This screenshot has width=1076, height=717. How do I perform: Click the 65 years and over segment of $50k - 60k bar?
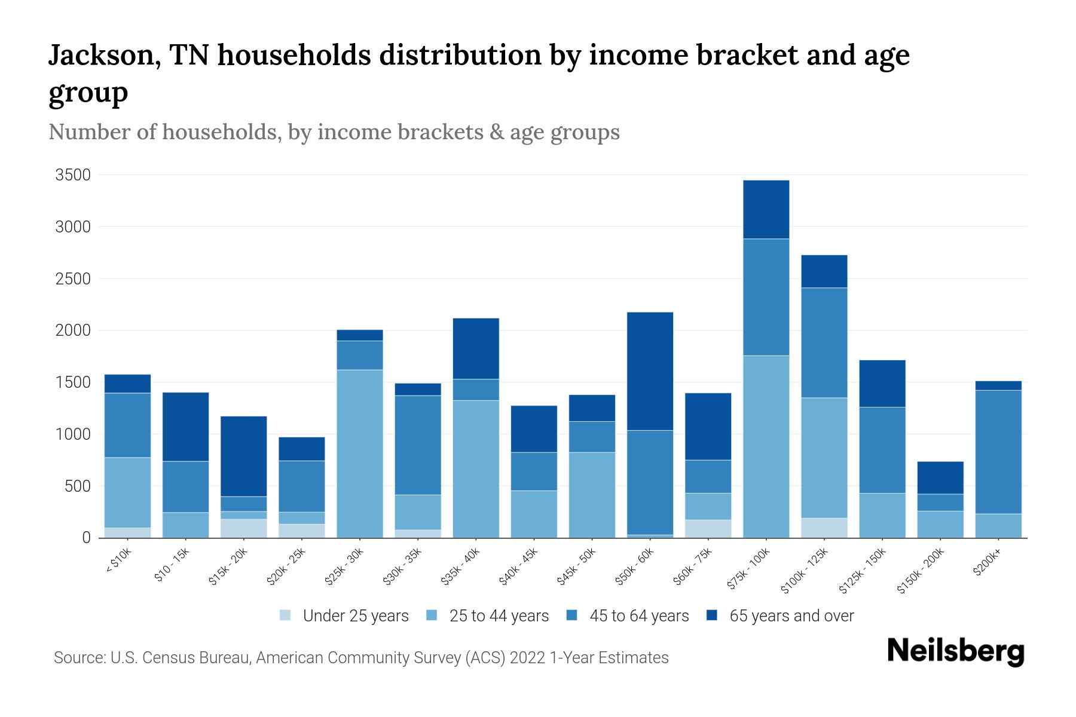(650, 371)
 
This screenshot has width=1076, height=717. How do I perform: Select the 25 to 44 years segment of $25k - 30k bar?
(360, 454)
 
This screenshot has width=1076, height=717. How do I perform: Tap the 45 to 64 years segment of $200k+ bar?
(998, 452)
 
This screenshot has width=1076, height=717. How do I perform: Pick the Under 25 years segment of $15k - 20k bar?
(244, 528)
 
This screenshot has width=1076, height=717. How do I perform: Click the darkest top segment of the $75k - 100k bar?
(766, 210)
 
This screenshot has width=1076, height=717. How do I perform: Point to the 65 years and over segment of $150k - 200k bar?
(940, 477)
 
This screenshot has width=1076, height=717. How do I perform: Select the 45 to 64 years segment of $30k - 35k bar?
(418, 445)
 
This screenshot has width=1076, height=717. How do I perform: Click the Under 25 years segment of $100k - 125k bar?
(824, 528)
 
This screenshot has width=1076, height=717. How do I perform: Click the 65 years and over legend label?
(791, 616)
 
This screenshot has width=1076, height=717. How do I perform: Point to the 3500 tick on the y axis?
(73, 175)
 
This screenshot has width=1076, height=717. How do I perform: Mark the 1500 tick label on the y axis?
(73, 382)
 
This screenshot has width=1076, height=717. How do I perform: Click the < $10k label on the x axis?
(118, 562)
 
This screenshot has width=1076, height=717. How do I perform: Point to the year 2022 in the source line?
(528, 658)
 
